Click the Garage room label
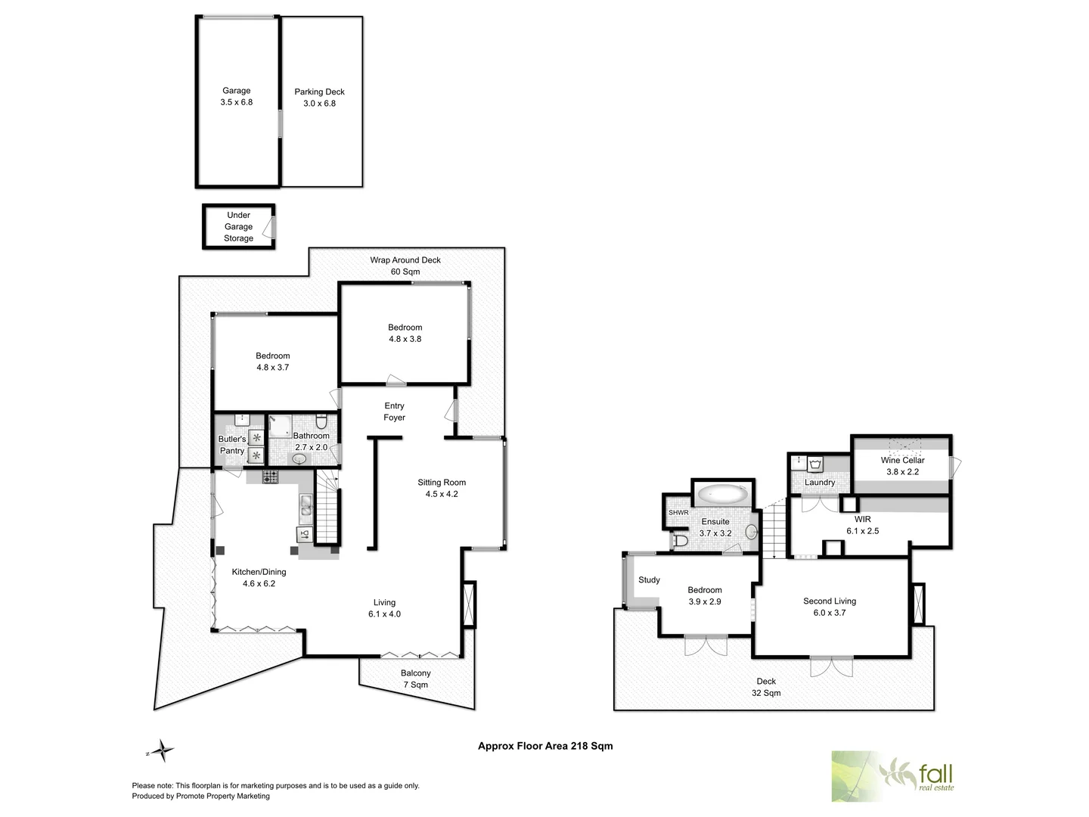(236, 91)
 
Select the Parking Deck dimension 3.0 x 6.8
(319, 104)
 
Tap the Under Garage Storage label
(238, 226)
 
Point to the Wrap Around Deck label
(405, 260)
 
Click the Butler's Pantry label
(232, 445)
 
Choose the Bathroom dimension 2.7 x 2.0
(311, 448)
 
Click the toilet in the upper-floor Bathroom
(321, 421)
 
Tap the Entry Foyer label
(394, 412)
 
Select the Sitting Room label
(442, 483)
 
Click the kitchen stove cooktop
(271, 477)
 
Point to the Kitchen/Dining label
(259, 572)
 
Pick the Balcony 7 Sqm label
(415, 679)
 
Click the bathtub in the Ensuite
(723, 495)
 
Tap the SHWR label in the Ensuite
(678, 513)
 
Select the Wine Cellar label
(902, 460)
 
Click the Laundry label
(820, 483)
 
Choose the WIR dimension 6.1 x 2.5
(862, 531)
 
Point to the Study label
(649, 580)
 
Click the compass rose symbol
(163, 751)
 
